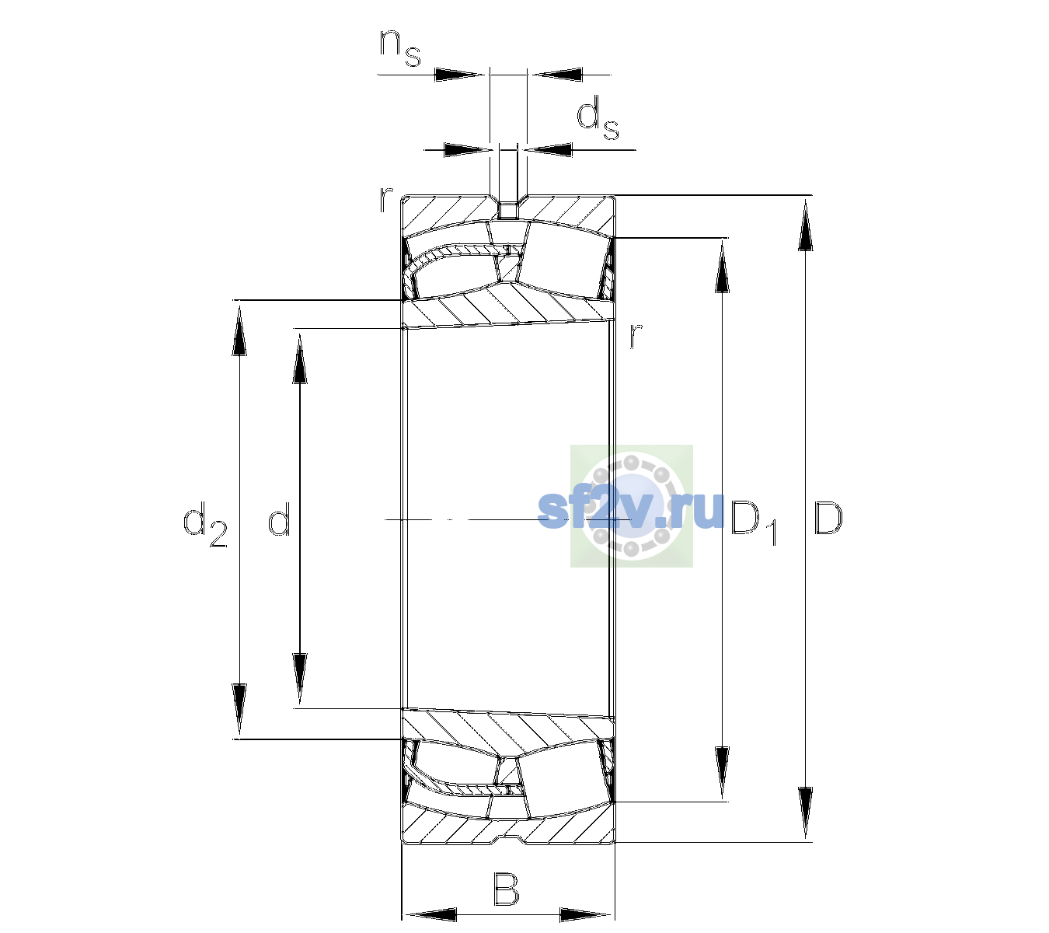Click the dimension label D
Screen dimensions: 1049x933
tap(828, 518)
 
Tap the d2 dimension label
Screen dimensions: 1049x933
tap(205, 524)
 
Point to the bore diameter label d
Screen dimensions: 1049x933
tap(279, 518)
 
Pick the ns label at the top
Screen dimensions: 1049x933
tap(400, 47)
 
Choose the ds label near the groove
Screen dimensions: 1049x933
tap(598, 117)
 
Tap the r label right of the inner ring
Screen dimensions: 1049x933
tap(636, 335)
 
